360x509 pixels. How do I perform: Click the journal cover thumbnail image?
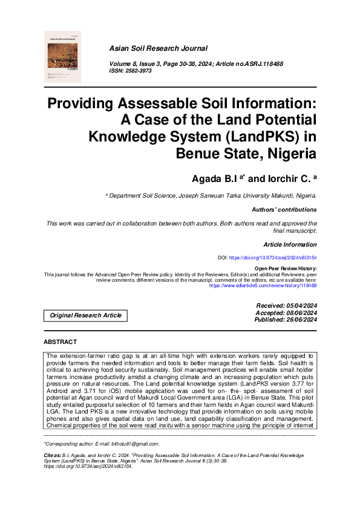click(63, 57)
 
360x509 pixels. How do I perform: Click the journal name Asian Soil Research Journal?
click(158, 48)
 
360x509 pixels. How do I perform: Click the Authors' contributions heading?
click(283, 209)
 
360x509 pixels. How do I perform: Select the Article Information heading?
click(290, 244)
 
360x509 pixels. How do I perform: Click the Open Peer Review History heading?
click(285, 268)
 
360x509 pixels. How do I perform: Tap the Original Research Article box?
click(85, 315)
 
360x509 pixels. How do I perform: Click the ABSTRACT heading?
click(61, 342)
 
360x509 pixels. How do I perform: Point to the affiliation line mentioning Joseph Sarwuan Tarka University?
click(211, 196)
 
